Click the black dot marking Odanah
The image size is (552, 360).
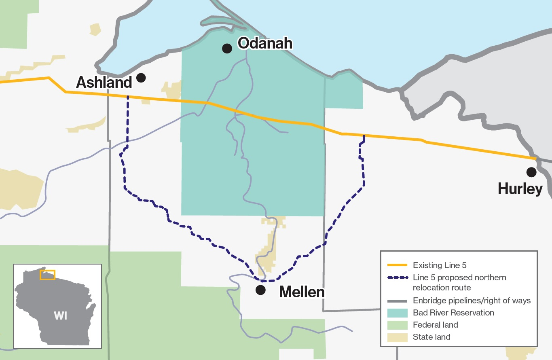point(227,49)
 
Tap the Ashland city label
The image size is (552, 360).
point(104,83)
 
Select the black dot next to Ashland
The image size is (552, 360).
point(141,78)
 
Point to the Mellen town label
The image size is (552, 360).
point(302,292)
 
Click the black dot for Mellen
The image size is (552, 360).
point(261,290)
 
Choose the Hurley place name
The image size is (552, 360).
point(520,189)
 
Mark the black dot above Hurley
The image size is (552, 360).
point(531,172)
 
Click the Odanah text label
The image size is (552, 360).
point(264,43)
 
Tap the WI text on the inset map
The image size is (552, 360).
point(60,316)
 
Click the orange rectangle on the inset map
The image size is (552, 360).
point(47,275)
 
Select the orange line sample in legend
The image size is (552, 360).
point(397,266)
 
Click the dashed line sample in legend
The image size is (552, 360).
point(397,278)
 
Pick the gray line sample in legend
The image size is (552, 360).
point(397,301)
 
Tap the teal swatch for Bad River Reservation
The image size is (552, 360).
point(397,313)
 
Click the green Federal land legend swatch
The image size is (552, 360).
point(397,325)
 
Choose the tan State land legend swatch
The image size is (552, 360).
point(397,337)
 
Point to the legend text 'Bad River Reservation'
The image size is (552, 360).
point(453,313)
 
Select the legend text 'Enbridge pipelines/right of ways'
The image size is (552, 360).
point(472,301)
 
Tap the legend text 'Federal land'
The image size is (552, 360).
point(436,325)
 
